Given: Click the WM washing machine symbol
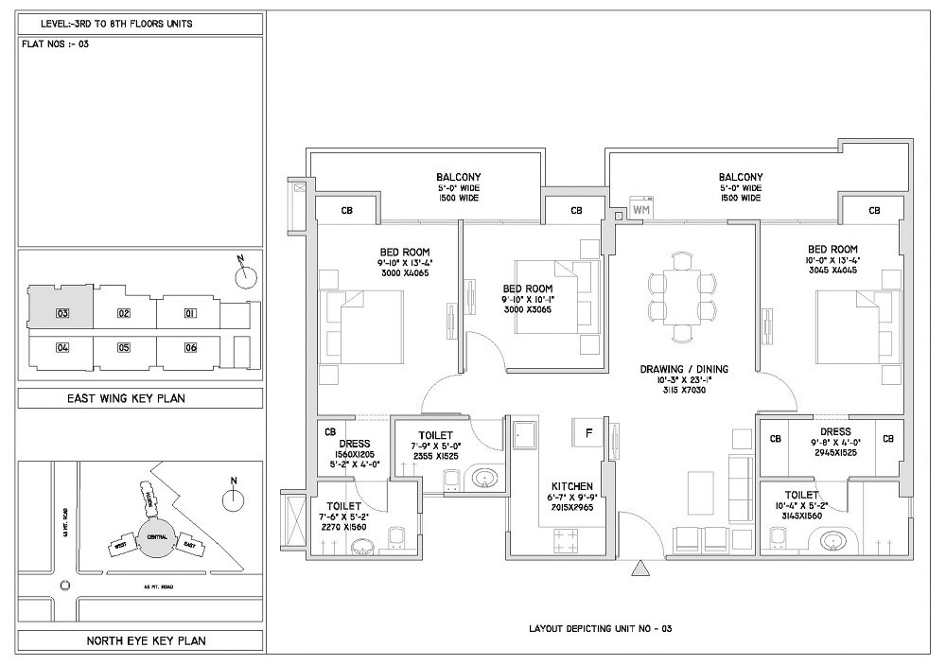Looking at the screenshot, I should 641,208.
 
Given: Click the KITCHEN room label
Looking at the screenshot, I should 572,485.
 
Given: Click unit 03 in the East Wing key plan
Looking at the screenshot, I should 62,313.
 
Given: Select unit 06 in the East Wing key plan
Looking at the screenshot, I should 190,348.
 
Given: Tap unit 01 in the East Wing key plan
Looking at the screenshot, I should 190,313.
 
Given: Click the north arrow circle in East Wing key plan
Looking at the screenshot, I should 246,276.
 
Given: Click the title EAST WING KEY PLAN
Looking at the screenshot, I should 140,398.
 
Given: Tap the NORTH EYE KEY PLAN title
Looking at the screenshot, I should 140,641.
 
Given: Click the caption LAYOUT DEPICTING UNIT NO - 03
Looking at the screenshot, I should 600,628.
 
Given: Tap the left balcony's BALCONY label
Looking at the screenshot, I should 459,177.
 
